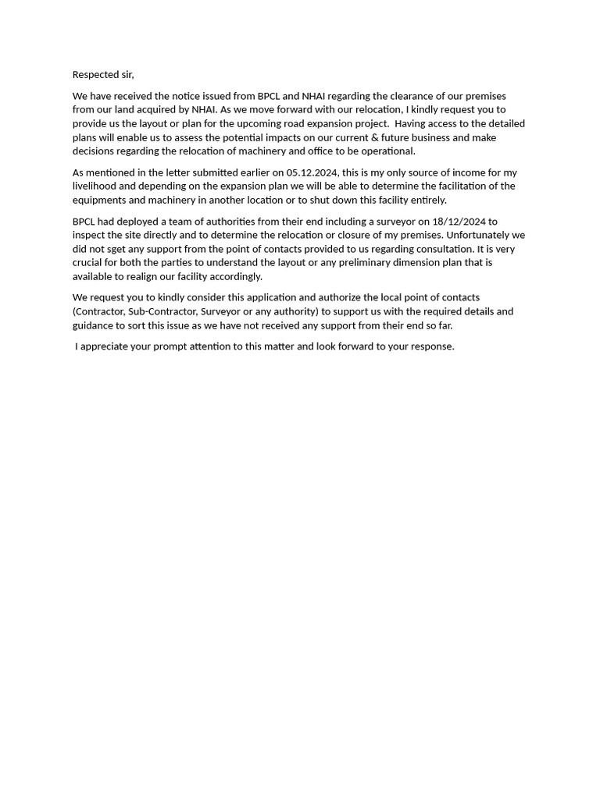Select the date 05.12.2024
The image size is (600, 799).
click(x=312, y=172)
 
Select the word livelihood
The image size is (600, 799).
click(x=94, y=186)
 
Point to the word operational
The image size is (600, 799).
click(x=387, y=151)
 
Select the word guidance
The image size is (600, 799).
click(x=93, y=325)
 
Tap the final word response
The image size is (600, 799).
click(x=432, y=346)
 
